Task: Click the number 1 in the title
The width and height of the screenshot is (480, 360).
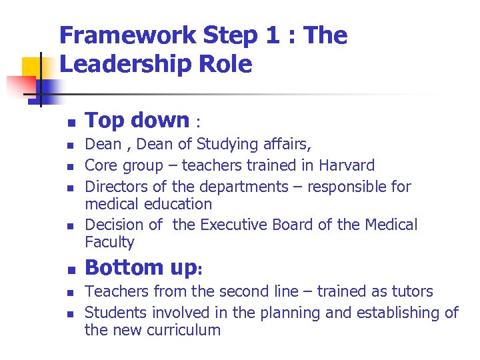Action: tap(271, 35)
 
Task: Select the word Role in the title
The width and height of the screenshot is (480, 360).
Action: tap(234, 65)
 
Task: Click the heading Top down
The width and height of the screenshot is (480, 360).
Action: tap(137, 120)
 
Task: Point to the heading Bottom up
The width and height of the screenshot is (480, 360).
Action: tap(141, 267)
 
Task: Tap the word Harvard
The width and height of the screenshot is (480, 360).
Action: tap(347, 165)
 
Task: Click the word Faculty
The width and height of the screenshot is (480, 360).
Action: tap(109, 242)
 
